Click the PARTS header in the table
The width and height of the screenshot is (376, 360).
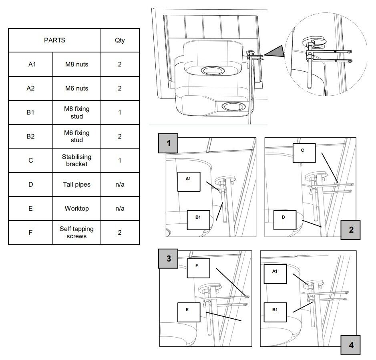coord(54,40)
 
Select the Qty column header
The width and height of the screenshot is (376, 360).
coord(120,40)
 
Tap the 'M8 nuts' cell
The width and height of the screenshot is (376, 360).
coord(77,64)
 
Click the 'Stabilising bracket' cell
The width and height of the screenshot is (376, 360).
coord(77,160)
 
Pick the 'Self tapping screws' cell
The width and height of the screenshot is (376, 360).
coord(77,232)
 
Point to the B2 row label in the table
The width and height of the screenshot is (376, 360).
coord(30,136)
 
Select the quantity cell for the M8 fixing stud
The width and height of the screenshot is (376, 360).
coord(120,112)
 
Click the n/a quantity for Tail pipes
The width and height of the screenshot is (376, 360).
coord(120,185)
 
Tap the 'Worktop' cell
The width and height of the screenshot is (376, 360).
coord(77,208)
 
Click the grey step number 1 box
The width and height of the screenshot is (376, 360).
coord(168,143)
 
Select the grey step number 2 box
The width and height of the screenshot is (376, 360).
coord(351,230)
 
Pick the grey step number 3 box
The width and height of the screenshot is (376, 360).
coord(168,259)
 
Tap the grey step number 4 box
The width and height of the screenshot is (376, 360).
coord(351,345)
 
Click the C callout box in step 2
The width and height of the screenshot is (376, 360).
coord(304,153)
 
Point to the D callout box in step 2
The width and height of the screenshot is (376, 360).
coord(285,220)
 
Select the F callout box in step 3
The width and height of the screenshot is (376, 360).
coord(198,268)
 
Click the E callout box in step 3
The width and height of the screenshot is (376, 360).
coord(189,312)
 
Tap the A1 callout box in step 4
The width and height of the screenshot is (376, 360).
coord(275,274)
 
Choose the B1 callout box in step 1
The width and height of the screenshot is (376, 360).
coord(198,220)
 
